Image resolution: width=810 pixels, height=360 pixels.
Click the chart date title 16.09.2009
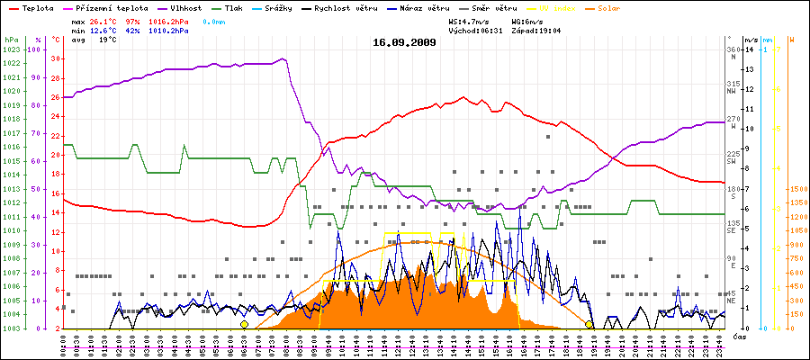(x=404, y=41)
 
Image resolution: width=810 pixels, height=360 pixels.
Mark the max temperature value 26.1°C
(x=103, y=20)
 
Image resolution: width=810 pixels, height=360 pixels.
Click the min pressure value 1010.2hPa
(x=170, y=30)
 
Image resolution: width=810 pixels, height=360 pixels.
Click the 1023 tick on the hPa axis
(x=11, y=50)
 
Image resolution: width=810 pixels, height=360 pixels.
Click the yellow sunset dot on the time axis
(x=589, y=324)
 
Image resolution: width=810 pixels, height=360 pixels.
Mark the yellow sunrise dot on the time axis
(x=244, y=324)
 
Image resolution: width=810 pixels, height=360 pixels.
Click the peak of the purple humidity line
(x=282, y=59)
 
